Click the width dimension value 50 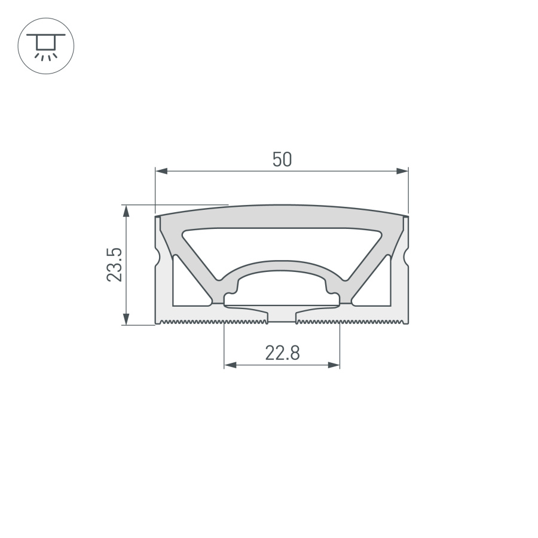[x=282, y=160]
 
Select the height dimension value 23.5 [x=115, y=264]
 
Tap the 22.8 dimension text [x=282, y=353]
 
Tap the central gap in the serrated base [x=281, y=317]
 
